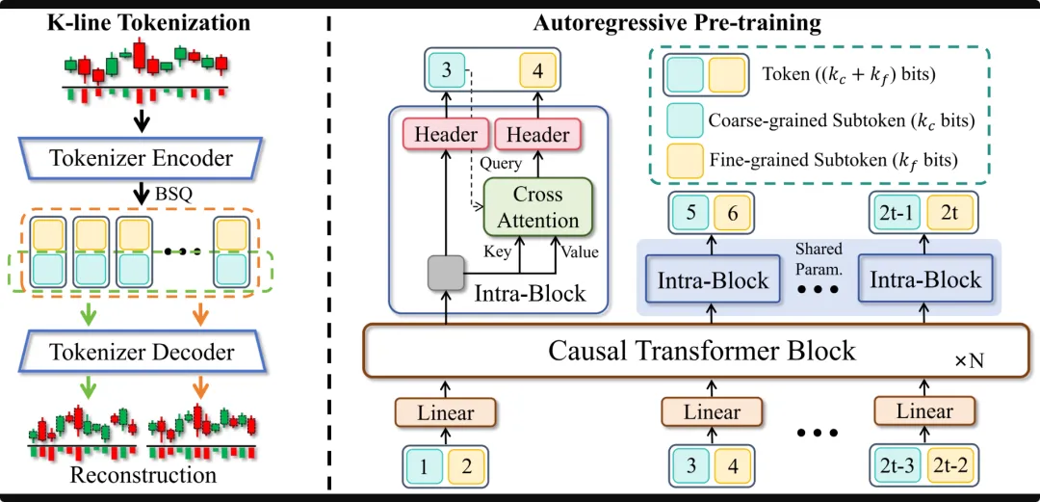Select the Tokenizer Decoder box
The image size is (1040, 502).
142,353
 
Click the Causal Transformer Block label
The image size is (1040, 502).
701,350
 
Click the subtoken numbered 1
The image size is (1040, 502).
425,467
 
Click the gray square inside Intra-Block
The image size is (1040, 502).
445,275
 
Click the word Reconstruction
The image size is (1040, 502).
143,475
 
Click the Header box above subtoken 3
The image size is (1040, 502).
446,135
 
